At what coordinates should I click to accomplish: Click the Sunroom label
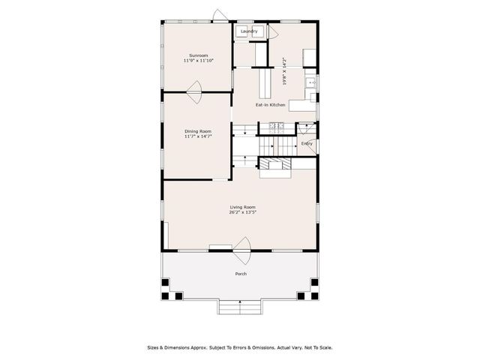198,55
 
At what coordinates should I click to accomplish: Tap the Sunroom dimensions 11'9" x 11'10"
198,60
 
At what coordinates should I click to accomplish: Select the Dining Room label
198,131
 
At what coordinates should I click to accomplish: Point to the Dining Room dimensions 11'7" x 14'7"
198,136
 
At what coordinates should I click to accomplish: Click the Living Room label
243,207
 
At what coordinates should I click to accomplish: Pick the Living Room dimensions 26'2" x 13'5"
243,212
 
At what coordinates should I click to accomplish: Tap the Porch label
241,274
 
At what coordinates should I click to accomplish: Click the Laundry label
249,31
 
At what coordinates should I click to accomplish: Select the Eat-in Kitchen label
270,104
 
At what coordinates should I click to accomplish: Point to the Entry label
307,143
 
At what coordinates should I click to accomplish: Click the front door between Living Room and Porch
241,245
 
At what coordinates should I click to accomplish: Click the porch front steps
240,307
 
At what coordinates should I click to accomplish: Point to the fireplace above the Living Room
274,166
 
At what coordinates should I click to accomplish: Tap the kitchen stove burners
274,125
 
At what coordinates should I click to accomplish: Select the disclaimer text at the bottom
239,347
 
